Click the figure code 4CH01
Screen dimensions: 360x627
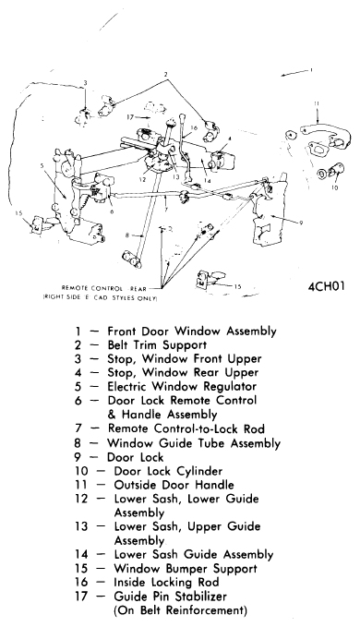[326, 286]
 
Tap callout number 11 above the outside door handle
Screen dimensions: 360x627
[317, 103]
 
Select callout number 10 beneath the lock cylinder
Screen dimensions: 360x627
[335, 187]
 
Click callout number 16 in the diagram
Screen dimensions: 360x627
[195, 128]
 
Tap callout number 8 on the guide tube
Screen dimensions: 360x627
[127, 235]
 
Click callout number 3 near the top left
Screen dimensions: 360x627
[85, 83]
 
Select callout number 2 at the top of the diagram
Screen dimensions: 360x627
[165, 74]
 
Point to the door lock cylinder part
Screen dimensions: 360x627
[332, 170]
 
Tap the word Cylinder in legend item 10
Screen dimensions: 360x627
[197, 471]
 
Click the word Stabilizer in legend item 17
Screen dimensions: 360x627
[200, 597]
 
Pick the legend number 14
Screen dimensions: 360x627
[81, 555]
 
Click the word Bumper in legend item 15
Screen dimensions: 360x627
[187, 569]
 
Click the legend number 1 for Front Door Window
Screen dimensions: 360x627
[78, 332]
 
